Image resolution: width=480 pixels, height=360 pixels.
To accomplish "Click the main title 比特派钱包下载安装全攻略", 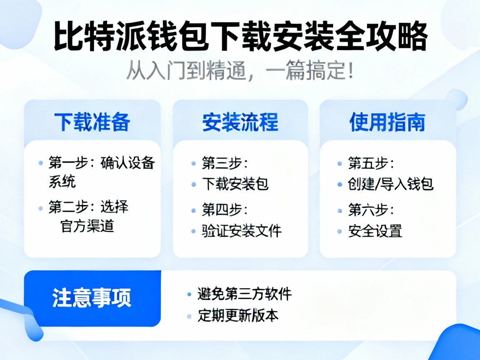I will coord(240,38).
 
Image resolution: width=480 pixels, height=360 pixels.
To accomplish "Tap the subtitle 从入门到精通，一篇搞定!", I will coord(240,72).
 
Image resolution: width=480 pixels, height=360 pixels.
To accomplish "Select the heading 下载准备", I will coord(92,122).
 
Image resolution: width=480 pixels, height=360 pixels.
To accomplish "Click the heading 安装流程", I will coord(240,122).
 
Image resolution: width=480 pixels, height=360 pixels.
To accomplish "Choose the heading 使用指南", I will coord(387,122).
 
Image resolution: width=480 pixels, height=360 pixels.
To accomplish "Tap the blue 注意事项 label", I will coord(92,298).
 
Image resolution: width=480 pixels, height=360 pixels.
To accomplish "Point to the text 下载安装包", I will coord(235,184).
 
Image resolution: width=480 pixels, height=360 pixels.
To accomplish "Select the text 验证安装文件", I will coord(242,230).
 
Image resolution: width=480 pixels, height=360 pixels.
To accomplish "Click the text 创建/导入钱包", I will coord(391,184).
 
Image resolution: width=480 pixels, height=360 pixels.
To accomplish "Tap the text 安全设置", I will coord(375,230).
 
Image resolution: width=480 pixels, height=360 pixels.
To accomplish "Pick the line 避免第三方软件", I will coord(245,294).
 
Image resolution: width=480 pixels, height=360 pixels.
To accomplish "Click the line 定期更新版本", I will coord(238,315).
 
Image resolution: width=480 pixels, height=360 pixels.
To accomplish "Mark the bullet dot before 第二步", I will coord(40,207).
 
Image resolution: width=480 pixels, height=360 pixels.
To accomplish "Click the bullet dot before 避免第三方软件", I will coord(190,295).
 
